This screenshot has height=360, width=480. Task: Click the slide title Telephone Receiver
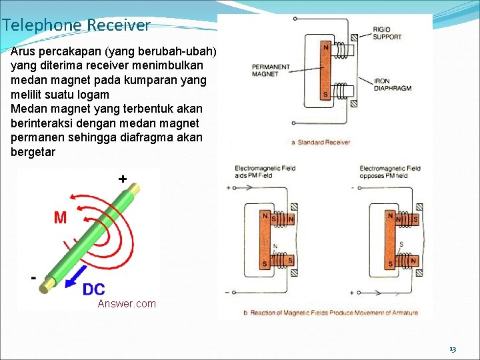coord(76,26)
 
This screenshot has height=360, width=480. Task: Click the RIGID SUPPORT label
coord(387,33)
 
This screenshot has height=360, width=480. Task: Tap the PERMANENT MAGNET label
coord(271,70)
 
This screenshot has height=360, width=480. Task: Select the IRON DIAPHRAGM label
coord(393,85)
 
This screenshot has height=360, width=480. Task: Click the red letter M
coord(60,217)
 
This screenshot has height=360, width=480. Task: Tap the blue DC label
coord(93,289)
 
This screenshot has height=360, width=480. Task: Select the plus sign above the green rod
coord(123,179)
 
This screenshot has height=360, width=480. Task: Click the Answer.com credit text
coord(127,304)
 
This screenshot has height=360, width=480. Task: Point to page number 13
coord(453,349)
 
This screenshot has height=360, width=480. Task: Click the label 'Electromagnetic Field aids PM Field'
coord(265,172)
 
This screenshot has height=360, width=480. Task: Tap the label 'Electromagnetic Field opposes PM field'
coord(390,172)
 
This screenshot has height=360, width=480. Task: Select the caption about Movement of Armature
coord(331,313)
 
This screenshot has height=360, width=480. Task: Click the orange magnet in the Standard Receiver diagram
coord(325,71)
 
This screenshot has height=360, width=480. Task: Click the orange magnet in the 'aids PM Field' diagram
coord(265,241)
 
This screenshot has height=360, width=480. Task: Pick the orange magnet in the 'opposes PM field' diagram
coord(390,241)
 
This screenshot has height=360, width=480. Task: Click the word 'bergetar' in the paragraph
coord(33,152)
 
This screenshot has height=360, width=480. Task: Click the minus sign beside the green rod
coord(33,277)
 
